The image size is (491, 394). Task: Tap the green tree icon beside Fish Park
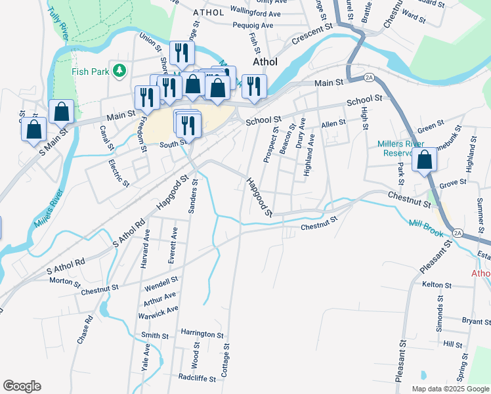(x=119, y=70)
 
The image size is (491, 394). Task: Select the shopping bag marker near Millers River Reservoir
(x=425, y=160)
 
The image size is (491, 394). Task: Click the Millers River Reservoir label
(x=400, y=148)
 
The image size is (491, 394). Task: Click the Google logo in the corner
(x=22, y=386)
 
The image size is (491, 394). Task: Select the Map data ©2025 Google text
(x=450, y=389)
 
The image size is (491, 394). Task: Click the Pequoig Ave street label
(x=253, y=26)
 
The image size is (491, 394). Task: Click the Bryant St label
(x=476, y=321)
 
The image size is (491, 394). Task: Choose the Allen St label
(x=333, y=123)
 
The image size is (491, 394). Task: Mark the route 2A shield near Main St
(x=369, y=77)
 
